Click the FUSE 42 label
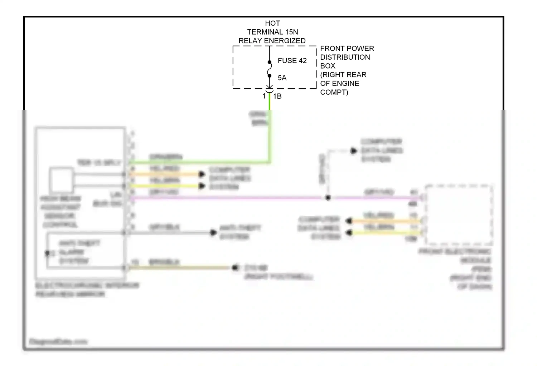(292, 61)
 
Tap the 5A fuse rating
(282, 78)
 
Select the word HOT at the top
(272, 23)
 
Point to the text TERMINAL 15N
(272, 32)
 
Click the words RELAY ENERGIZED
(272, 41)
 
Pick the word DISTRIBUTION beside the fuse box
(345, 57)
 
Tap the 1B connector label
(277, 96)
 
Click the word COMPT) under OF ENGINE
(334, 92)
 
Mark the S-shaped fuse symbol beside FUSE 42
(270, 69)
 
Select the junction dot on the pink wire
(328, 198)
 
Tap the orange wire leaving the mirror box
(165, 174)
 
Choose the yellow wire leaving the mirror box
(165, 186)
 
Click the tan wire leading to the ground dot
(179, 267)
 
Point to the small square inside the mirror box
(62, 179)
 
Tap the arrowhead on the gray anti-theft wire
(213, 233)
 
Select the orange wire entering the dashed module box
(387, 221)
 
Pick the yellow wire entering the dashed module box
(387, 233)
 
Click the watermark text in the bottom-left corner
(58, 342)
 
